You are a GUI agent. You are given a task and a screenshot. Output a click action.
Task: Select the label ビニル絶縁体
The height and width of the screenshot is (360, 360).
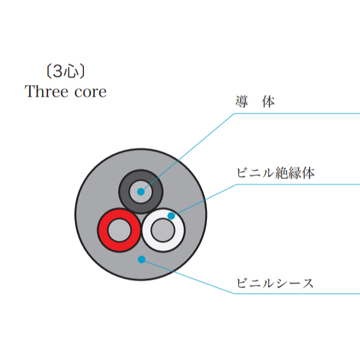point(275,173)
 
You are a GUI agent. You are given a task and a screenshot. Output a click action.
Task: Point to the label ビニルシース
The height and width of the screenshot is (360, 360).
point(275,283)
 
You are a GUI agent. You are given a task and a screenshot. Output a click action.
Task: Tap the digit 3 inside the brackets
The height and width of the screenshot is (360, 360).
point(58,72)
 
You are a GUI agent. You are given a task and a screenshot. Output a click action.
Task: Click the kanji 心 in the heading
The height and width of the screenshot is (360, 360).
point(70,72)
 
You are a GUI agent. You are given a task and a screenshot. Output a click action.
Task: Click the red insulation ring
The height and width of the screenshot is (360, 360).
point(104,230)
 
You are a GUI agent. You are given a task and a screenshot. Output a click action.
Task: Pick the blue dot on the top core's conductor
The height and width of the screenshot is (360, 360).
point(141,192)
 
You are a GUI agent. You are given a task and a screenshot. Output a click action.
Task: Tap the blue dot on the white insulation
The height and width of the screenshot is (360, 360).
point(171,215)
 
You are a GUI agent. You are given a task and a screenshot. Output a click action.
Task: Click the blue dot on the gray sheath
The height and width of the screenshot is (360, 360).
point(141,259)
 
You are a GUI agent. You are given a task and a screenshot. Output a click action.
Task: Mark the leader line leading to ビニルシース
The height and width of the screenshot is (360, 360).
point(192,278)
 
